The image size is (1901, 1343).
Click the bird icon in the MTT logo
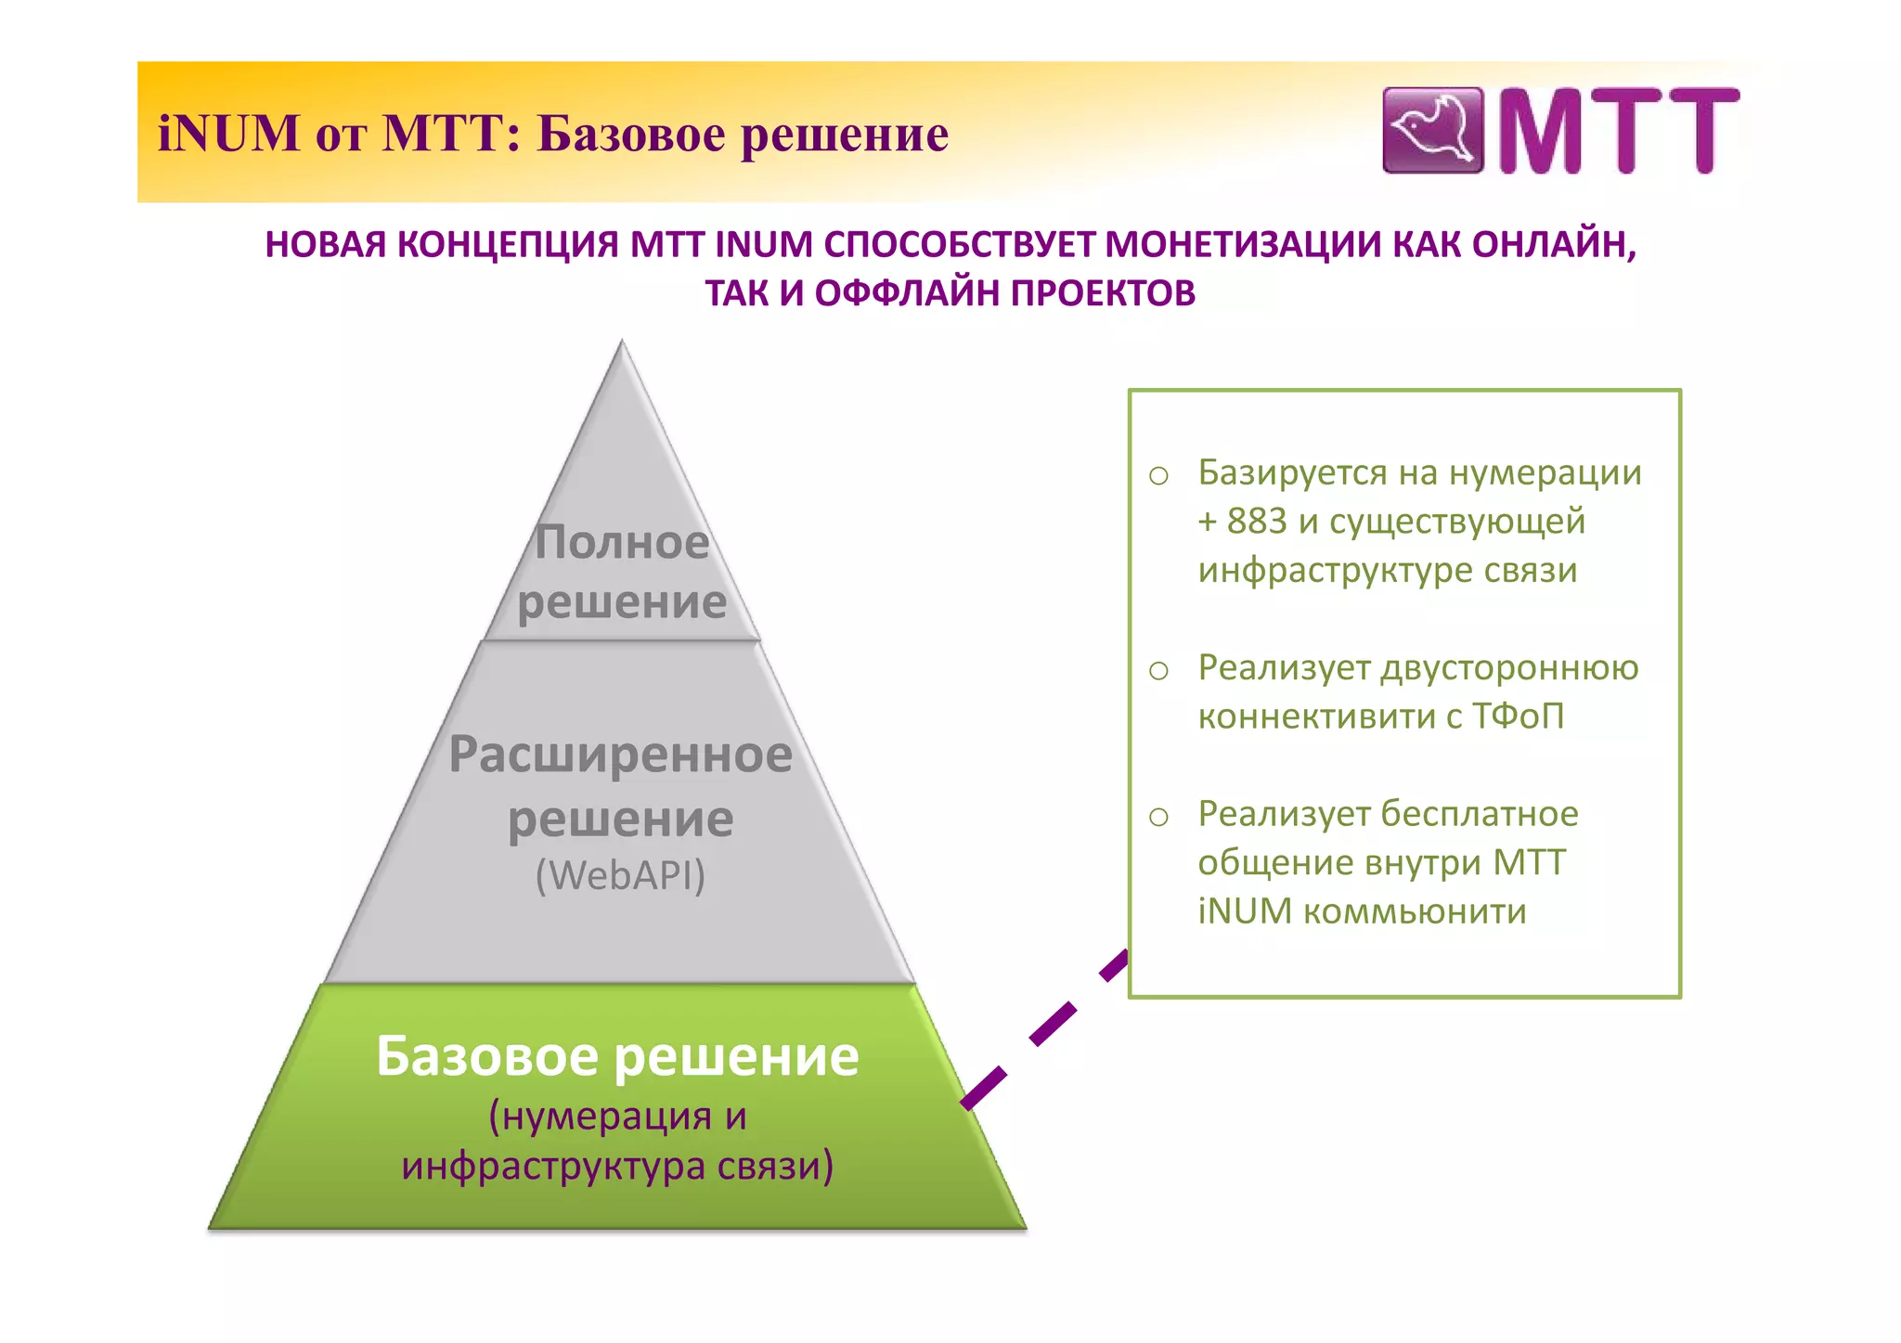(x=1432, y=130)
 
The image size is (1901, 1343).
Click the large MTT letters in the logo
(x=1618, y=131)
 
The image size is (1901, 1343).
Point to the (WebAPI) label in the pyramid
(x=620, y=875)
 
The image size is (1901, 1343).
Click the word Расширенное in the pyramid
(x=620, y=754)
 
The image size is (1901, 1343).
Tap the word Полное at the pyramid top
(x=622, y=542)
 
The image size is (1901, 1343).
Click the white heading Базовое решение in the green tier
(x=617, y=1056)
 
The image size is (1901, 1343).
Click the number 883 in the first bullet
(x=1257, y=522)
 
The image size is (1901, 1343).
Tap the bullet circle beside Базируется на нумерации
(x=1158, y=476)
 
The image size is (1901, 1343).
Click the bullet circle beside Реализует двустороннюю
(x=1158, y=670)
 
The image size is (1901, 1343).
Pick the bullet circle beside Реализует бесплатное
(x=1158, y=817)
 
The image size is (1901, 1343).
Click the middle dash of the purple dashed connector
(x=1054, y=1024)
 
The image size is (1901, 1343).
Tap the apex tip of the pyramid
(x=622, y=344)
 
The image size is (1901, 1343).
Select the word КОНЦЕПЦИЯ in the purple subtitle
(x=508, y=244)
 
